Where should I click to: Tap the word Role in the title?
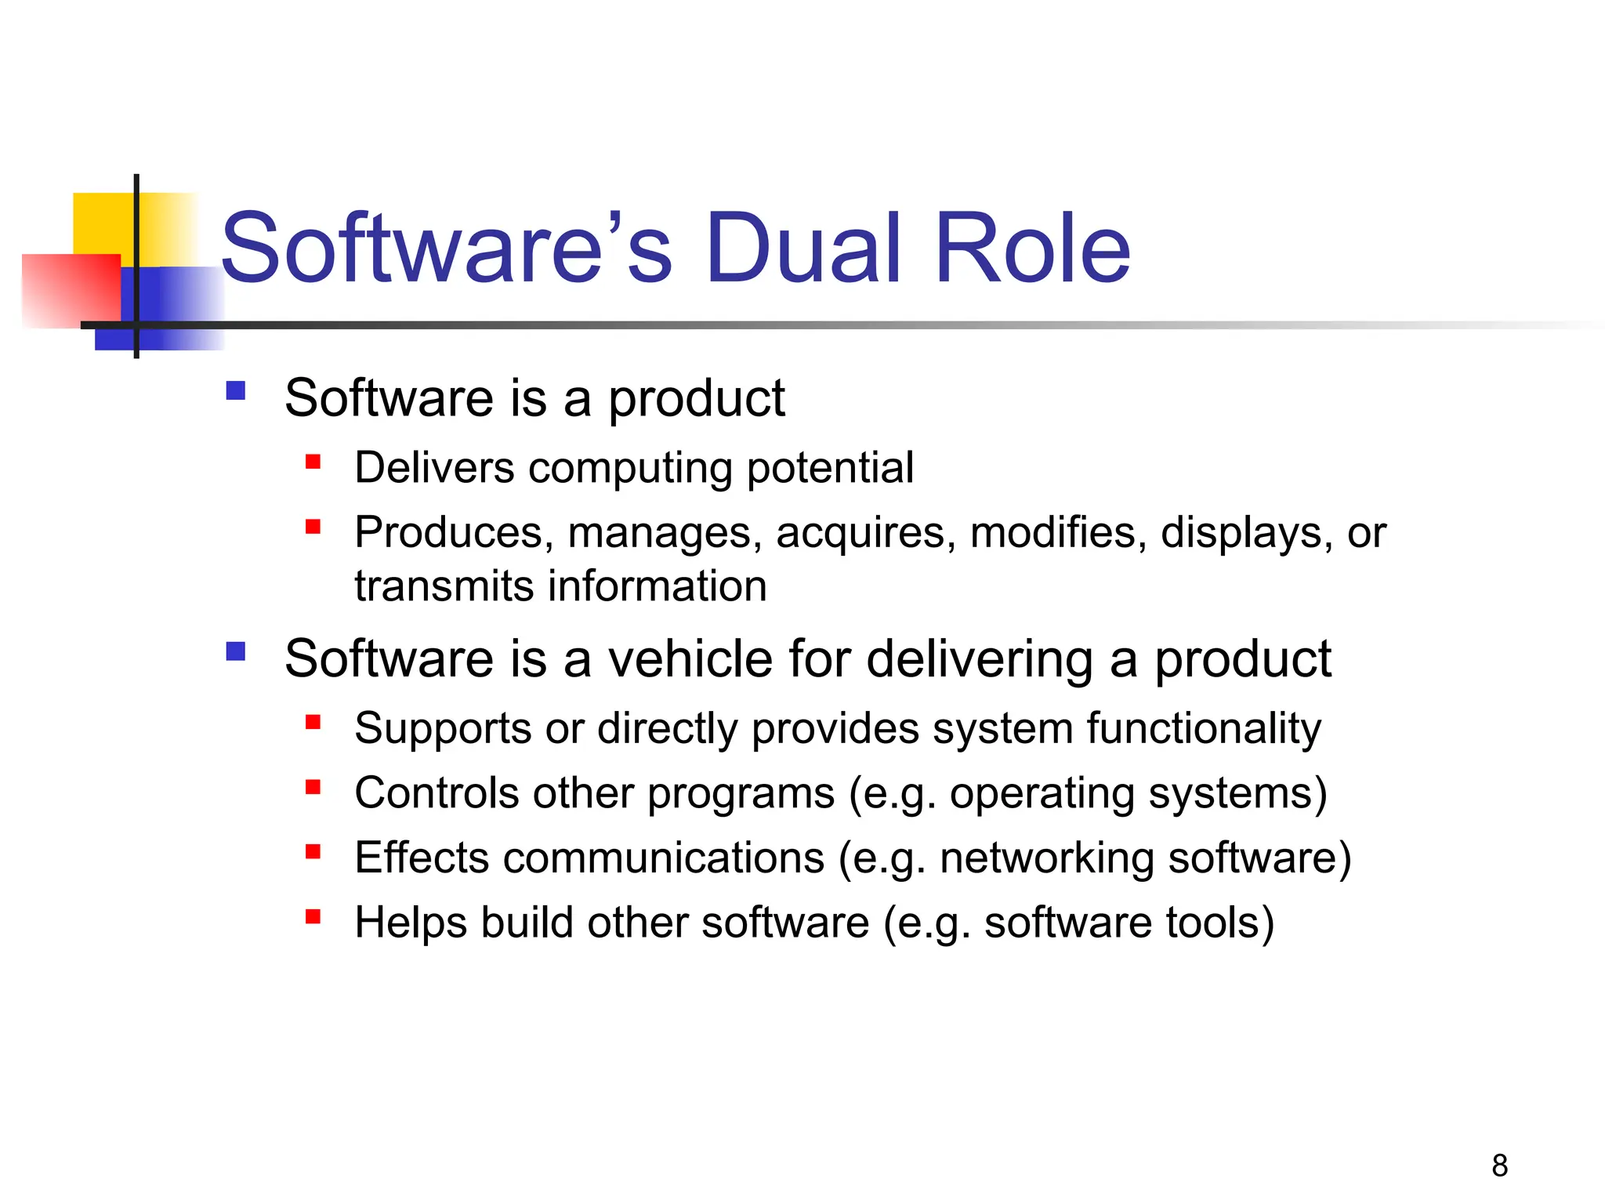point(1032,249)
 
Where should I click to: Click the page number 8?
point(1499,1166)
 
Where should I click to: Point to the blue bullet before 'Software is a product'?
point(235,390)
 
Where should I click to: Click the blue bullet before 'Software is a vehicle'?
point(235,651)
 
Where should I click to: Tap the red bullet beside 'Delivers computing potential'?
point(313,462)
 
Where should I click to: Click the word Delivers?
point(434,468)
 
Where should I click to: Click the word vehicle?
point(690,658)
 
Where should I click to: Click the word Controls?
point(437,793)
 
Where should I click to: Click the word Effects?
point(422,858)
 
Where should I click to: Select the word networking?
point(1047,859)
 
